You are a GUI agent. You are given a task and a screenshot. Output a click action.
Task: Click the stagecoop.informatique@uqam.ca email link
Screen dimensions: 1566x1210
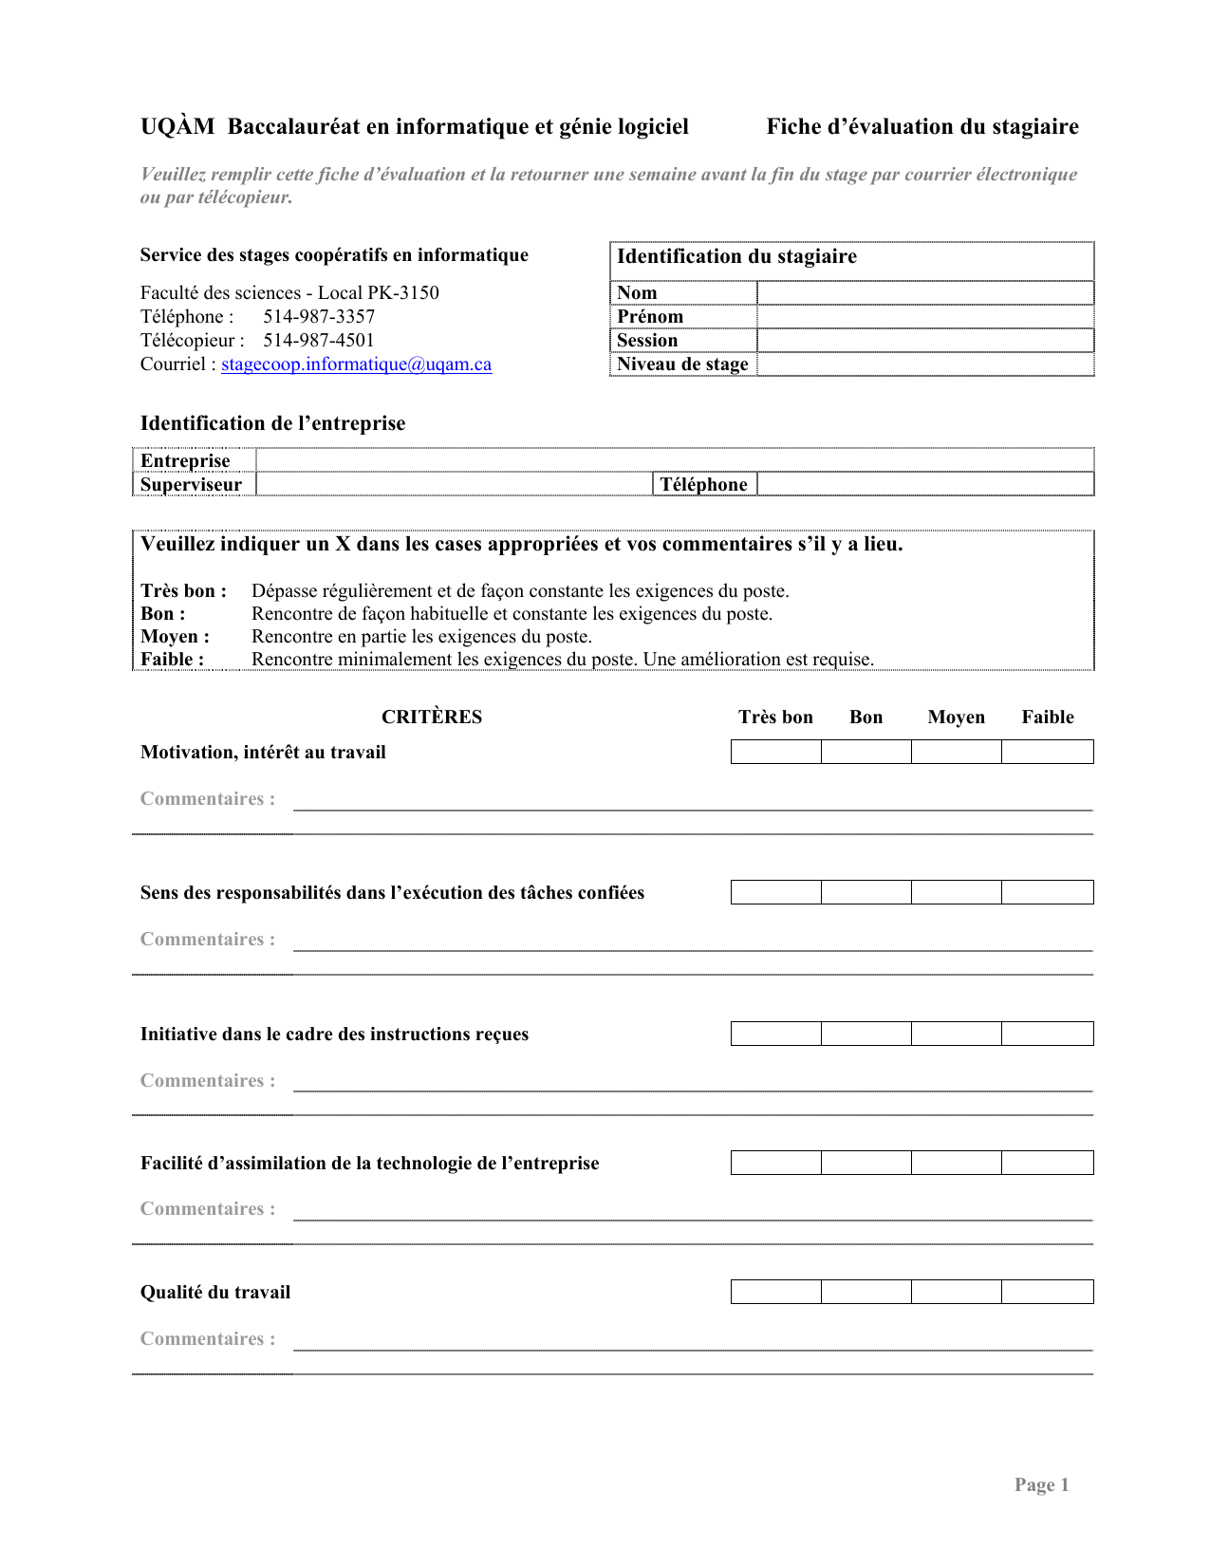click(x=356, y=364)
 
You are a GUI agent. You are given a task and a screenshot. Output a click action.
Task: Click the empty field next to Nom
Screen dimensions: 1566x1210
click(x=925, y=292)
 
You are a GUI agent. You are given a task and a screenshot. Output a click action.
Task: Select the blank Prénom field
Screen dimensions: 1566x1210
click(x=925, y=316)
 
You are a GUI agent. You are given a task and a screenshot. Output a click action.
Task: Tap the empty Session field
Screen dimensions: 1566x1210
click(x=925, y=340)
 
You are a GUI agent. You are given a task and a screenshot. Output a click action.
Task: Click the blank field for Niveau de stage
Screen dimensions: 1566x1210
click(x=925, y=364)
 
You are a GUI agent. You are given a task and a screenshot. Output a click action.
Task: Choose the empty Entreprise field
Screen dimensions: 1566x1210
click(x=674, y=460)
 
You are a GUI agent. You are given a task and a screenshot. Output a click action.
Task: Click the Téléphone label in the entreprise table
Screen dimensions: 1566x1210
click(x=704, y=484)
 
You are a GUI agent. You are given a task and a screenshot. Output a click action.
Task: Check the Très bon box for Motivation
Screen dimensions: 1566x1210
click(x=775, y=752)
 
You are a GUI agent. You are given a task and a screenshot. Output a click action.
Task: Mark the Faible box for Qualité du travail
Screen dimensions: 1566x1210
click(x=1048, y=1292)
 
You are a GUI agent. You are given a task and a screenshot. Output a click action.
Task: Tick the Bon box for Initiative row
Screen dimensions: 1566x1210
click(x=866, y=1034)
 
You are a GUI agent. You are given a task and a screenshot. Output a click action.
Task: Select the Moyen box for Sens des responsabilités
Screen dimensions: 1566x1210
click(x=956, y=892)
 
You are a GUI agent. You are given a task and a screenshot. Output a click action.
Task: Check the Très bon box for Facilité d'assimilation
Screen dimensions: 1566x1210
click(x=775, y=1163)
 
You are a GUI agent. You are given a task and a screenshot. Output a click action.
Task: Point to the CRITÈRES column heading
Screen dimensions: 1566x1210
click(x=432, y=717)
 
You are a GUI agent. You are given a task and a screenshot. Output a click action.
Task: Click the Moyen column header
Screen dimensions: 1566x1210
click(x=956, y=717)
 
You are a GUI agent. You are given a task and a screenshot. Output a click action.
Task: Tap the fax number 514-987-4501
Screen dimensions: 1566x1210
click(x=319, y=340)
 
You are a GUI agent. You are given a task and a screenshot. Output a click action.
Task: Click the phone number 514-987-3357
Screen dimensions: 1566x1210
click(x=319, y=316)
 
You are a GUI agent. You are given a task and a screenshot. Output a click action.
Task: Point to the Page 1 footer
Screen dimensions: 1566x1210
click(x=1041, y=1484)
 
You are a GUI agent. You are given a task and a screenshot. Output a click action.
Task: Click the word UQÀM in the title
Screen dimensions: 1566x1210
click(x=177, y=126)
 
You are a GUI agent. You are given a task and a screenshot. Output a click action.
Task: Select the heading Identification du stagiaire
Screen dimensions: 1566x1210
click(x=736, y=256)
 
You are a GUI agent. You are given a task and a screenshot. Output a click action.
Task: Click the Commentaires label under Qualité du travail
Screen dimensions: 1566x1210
click(x=208, y=1338)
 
